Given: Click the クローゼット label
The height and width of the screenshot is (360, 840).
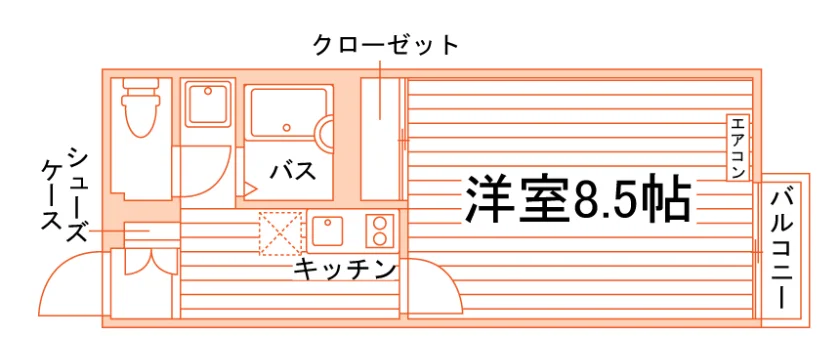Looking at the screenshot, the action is point(386,46).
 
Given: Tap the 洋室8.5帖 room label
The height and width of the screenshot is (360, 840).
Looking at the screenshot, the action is point(576,199).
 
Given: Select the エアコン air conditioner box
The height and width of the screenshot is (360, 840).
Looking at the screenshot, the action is point(738,148).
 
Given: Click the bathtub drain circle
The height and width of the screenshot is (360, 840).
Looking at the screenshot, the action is point(287,128).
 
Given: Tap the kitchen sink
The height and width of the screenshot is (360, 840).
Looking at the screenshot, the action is point(327,231).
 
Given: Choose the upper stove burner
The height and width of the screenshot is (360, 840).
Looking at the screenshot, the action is point(380,223).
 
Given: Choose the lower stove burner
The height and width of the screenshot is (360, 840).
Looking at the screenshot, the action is point(380,239).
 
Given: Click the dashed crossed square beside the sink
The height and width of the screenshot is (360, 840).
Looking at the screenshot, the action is point(281,234).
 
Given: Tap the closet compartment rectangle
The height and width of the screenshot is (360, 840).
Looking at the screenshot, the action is point(380,139).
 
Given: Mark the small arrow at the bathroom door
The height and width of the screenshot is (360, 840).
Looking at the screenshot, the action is point(251,188).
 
